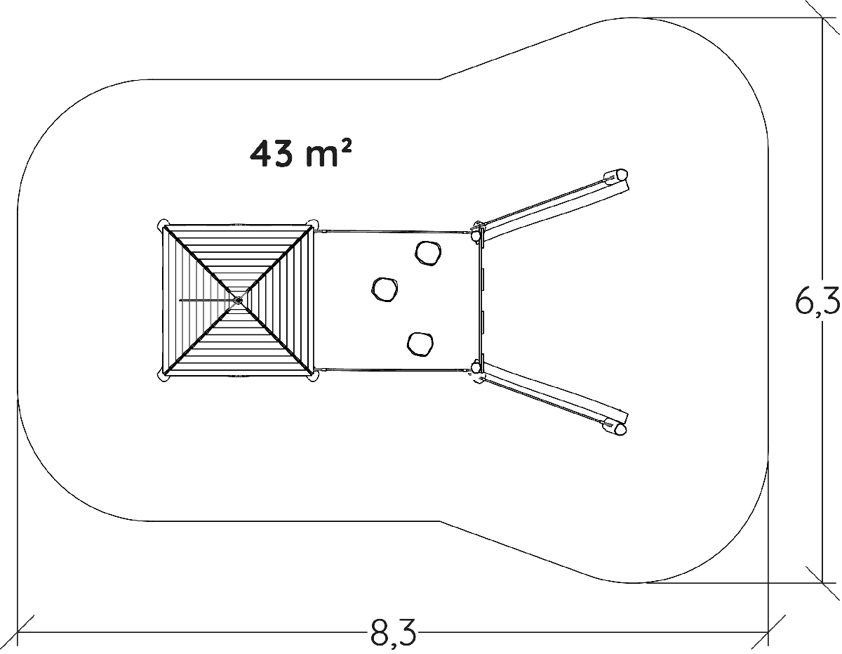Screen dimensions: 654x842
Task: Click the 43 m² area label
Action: (x=300, y=154)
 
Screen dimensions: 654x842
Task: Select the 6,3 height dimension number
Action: (x=817, y=302)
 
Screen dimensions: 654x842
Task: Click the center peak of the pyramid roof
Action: (x=238, y=300)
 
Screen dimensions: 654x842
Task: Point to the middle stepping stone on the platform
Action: (x=384, y=289)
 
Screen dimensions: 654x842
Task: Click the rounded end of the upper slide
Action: (x=619, y=176)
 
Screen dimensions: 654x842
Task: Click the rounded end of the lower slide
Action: (x=617, y=426)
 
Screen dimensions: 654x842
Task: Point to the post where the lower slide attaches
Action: (x=477, y=368)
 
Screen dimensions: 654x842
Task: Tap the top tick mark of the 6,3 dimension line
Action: (x=822, y=18)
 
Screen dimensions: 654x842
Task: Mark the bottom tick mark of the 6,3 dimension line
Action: (x=822, y=582)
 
